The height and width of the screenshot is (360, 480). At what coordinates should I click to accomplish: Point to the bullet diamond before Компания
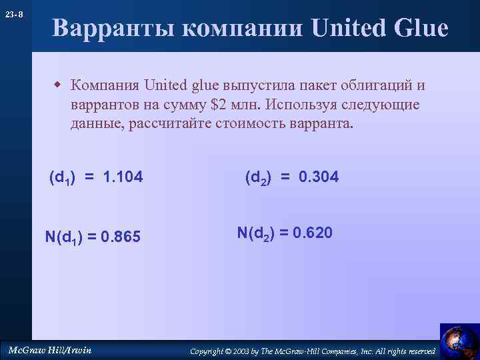[x=58, y=85]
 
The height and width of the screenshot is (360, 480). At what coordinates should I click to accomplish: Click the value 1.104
[x=124, y=178]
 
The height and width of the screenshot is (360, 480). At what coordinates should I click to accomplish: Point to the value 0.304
[x=319, y=177]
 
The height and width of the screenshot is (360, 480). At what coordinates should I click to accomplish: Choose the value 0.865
[x=120, y=236]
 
